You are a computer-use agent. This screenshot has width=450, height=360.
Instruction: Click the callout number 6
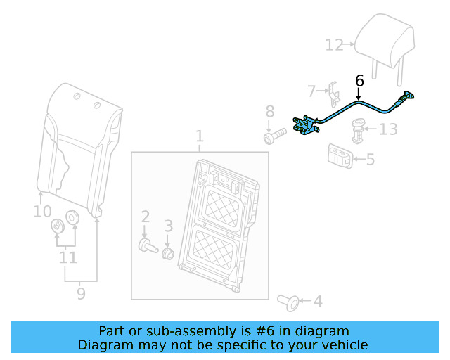click(x=359, y=81)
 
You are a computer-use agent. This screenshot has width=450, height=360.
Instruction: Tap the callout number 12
click(x=334, y=45)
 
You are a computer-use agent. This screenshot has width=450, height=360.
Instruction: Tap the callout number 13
click(x=388, y=129)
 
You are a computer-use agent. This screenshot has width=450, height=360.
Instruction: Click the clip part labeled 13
click(x=359, y=129)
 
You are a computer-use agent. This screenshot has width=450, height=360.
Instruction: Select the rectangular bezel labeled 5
click(x=340, y=156)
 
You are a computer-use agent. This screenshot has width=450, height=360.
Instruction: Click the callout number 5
click(x=370, y=160)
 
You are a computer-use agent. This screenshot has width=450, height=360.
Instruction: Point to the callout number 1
click(x=199, y=136)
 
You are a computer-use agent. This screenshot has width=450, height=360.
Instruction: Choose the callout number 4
click(x=318, y=302)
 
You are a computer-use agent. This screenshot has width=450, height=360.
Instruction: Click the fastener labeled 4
click(x=288, y=301)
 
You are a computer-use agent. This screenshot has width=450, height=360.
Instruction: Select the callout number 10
click(x=42, y=211)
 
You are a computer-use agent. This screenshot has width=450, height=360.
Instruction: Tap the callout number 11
click(x=67, y=258)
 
